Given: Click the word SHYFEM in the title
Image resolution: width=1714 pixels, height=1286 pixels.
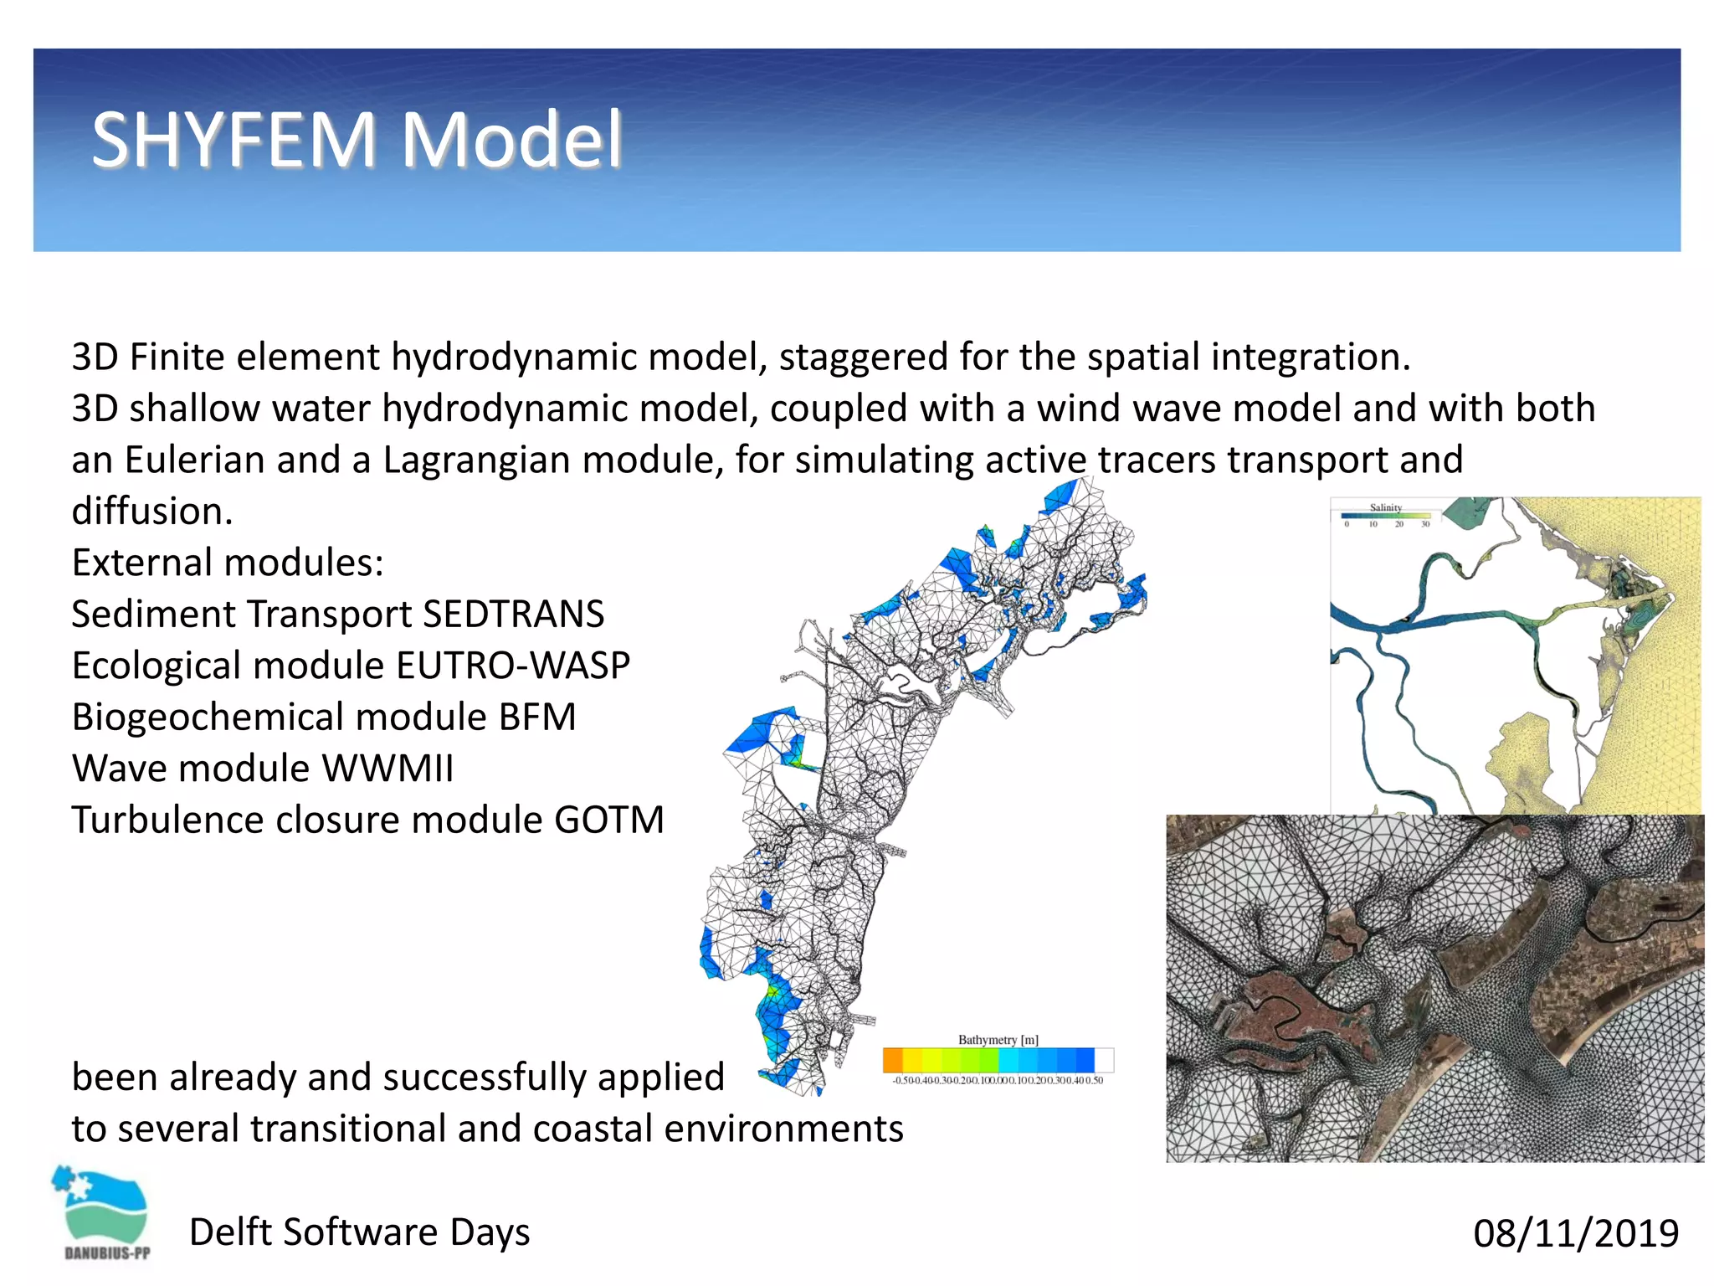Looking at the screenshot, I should pos(233,140).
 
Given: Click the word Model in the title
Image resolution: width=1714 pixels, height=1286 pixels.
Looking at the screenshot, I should pos(512,140).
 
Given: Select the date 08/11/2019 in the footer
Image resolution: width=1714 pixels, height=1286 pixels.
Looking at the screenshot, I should pos(1575,1233).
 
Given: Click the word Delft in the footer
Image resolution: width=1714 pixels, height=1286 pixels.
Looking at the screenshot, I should pos(231,1232).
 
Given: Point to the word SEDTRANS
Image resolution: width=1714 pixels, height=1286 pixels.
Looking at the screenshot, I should pos(513,614).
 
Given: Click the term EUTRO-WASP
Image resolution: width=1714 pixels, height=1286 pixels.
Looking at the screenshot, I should pos(513,666).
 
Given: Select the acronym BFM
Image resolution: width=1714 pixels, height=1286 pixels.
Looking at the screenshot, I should pos(537,718).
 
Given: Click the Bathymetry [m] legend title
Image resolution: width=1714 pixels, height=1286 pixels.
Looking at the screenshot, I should pos(998,1040).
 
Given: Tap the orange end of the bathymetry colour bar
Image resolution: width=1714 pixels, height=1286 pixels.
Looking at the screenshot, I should pos(892,1060).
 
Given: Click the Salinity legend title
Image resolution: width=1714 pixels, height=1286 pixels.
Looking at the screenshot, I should pos(1385,507).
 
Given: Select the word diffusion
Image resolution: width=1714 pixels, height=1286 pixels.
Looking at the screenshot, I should pos(151,512).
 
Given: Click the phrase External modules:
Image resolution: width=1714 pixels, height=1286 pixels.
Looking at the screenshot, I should pos(228,563).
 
